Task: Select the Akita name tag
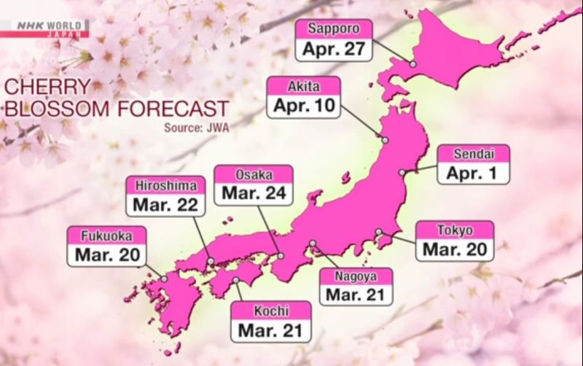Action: click(304, 86)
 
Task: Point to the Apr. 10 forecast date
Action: click(304, 106)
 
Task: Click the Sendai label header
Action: click(473, 155)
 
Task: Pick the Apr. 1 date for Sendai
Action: click(473, 174)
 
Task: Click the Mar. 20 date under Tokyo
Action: click(454, 249)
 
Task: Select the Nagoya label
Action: click(356, 276)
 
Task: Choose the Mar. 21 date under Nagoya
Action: click(356, 295)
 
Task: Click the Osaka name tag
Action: click(254, 175)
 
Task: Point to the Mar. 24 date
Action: click(254, 194)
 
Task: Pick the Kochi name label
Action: click(270, 311)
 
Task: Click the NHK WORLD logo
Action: click(44, 28)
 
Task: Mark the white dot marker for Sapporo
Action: click(412, 64)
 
